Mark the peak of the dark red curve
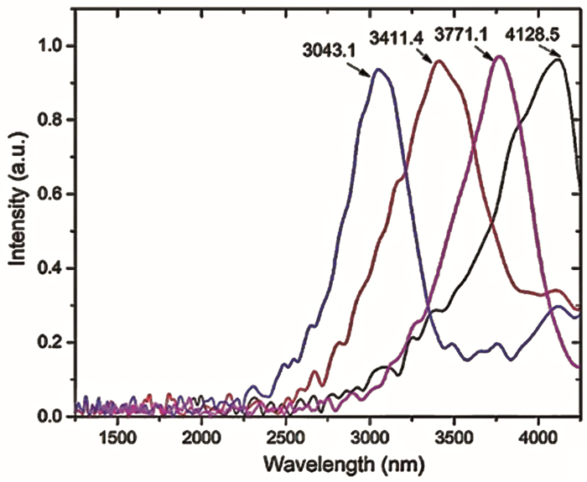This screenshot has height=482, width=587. [x=439, y=61]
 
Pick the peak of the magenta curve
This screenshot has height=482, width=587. [x=500, y=57]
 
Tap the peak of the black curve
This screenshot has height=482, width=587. [x=559, y=59]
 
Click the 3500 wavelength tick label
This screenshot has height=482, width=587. [x=454, y=438]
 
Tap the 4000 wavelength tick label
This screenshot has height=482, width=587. [x=538, y=438]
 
